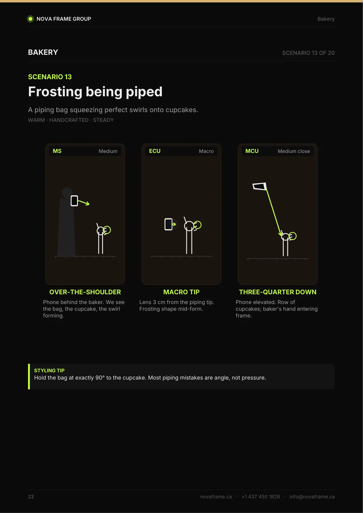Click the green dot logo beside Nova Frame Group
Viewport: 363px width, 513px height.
(30, 19)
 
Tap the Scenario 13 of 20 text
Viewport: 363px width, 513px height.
(308, 53)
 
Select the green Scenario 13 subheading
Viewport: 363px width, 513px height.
(50, 77)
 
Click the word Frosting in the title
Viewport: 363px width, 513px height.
(55, 92)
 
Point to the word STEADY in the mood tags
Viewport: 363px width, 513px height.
(103, 120)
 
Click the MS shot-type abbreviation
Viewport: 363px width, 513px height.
(57, 151)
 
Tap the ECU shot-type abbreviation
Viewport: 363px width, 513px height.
(155, 151)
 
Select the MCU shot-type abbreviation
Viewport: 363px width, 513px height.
(252, 151)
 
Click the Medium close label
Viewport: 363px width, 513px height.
(294, 151)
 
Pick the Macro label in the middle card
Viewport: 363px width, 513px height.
(206, 151)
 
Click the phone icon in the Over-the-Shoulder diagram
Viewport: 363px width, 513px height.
(74, 201)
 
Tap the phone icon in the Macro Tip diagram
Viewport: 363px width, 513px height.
(169, 224)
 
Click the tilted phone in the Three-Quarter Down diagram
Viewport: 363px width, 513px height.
(260, 186)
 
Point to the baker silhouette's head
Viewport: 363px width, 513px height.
(67, 193)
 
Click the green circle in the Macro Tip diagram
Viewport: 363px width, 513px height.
(197, 225)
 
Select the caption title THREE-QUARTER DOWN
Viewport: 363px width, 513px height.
(278, 292)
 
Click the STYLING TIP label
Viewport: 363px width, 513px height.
(49, 370)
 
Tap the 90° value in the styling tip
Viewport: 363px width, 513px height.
(100, 378)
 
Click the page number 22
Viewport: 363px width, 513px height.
(31, 497)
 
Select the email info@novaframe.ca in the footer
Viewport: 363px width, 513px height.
(312, 497)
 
